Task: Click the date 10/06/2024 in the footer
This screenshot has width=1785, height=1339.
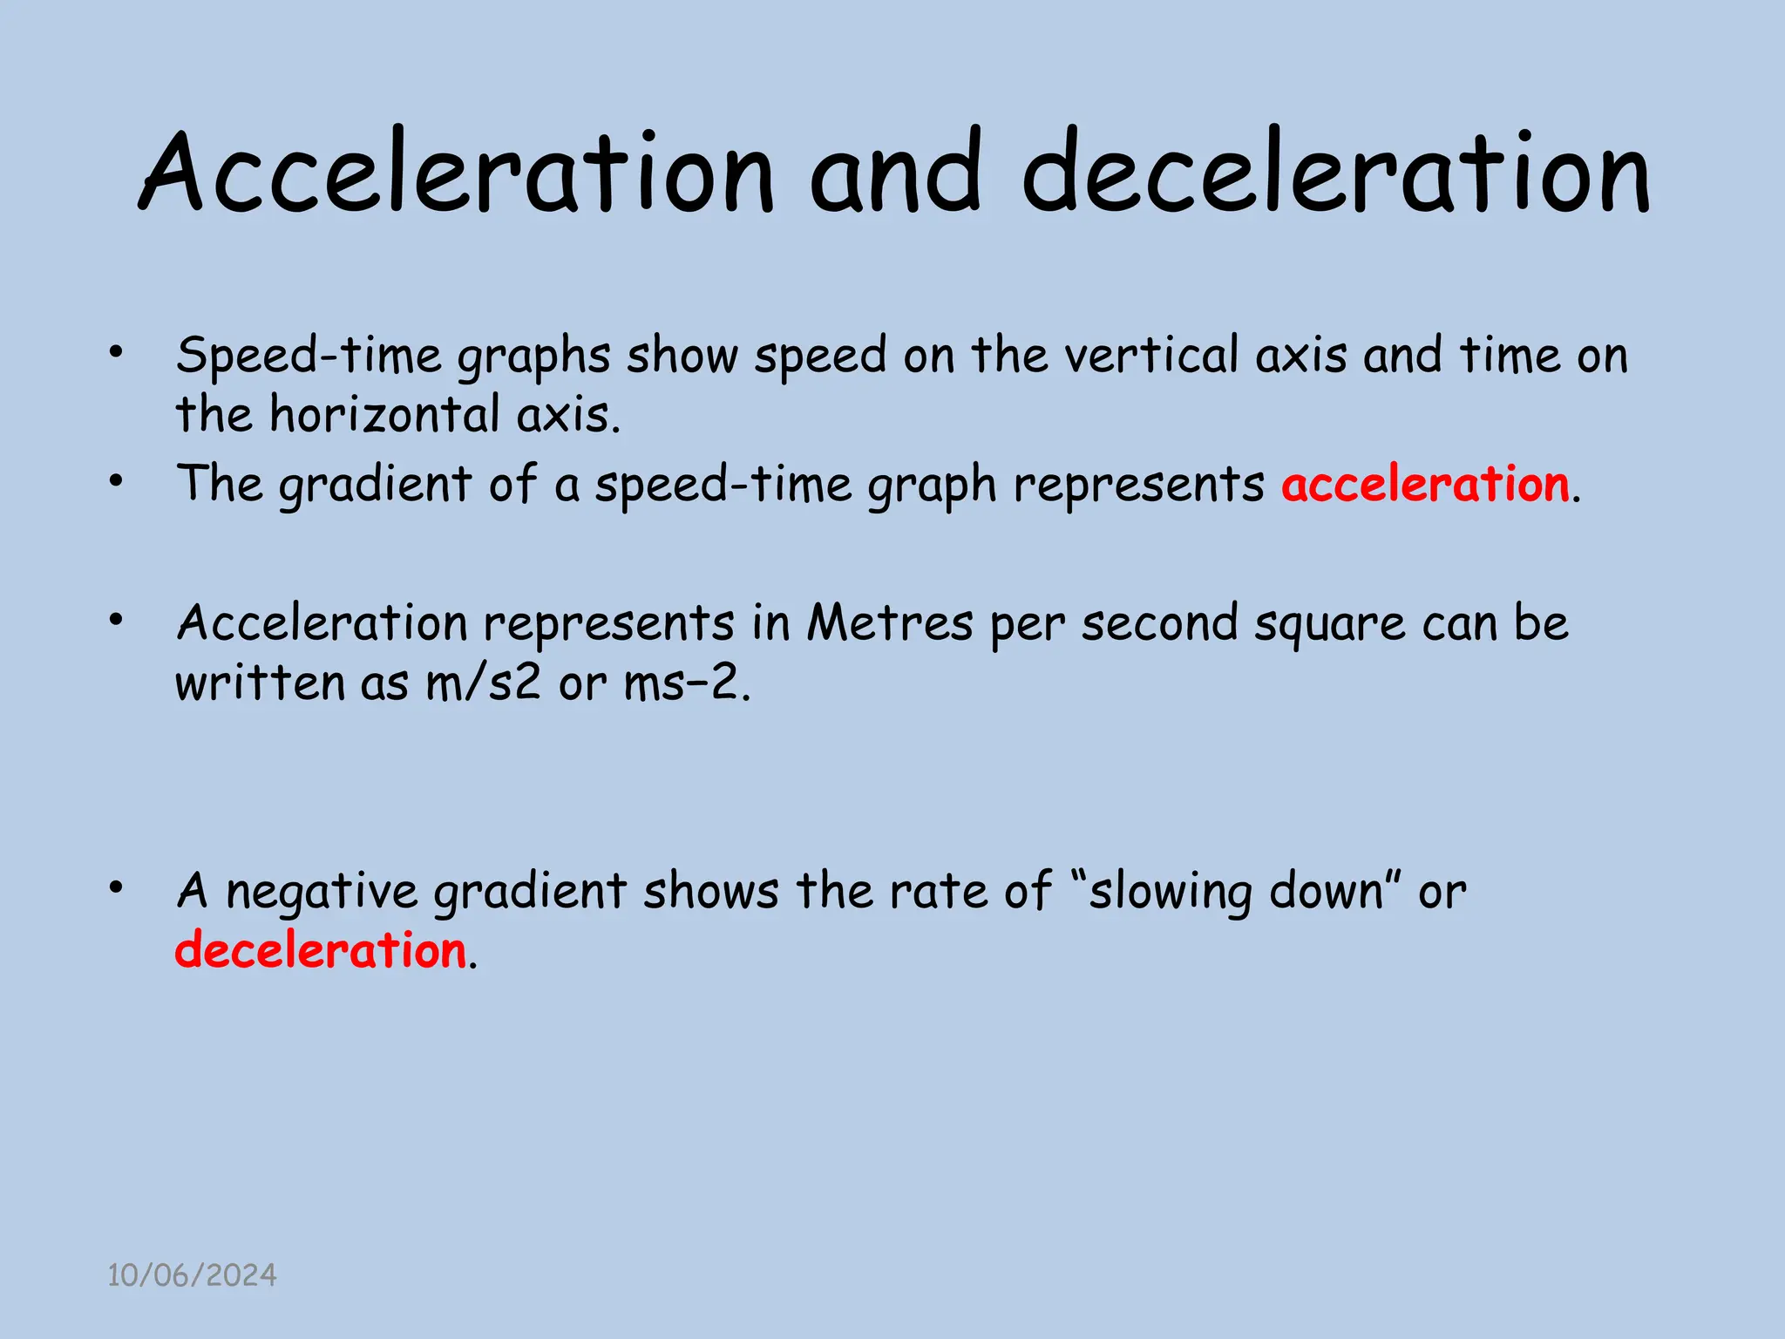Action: click(x=192, y=1275)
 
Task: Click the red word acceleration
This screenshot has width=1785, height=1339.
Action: click(x=1426, y=484)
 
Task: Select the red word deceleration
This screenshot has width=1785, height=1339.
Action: click(x=321, y=950)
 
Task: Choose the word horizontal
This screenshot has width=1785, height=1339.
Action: click(x=383, y=414)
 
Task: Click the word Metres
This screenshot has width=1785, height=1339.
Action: click(x=889, y=623)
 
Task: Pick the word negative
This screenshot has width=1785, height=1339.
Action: click(x=322, y=893)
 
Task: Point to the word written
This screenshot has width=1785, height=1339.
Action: click(x=260, y=683)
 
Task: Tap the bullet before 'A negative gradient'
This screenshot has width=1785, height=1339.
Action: click(x=116, y=887)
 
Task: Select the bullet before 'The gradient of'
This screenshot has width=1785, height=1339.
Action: click(x=116, y=480)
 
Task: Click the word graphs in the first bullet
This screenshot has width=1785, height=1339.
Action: click(x=533, y=357)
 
